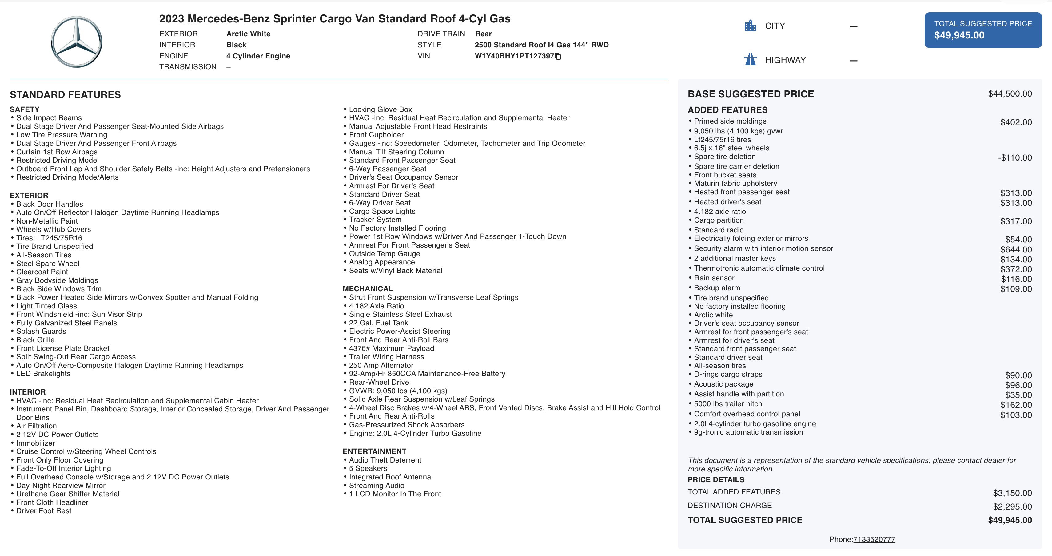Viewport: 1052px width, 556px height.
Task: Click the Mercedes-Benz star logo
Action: (76, 42)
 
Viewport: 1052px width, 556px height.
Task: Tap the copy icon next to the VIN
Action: (558, 56)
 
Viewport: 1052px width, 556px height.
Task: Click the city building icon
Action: (750, 26)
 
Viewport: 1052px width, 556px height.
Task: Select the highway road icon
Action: (750, 60)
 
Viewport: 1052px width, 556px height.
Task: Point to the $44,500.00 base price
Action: (1010, 94)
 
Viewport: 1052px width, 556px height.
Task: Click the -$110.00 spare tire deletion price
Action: (1014, 157)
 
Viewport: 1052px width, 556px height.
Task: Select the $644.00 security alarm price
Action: (1016, 249)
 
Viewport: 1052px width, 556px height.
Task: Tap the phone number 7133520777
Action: (874, 539)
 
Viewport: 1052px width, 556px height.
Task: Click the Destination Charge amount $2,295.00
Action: (1012, 506)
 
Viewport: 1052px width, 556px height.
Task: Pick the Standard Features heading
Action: (65, 95)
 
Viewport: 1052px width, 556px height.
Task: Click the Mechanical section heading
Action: (368, 289)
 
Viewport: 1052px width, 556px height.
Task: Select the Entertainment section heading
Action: (374, 451)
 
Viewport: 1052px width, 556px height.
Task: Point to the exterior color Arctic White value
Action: (248, 34)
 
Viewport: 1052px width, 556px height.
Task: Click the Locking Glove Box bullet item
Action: (380, 109)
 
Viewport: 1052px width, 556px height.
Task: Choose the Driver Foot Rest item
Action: (44, 511)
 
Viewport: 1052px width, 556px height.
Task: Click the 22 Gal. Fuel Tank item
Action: (378, 323)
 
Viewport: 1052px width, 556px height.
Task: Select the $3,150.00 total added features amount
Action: (1012, 493)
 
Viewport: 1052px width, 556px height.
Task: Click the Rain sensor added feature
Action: (714, 278)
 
